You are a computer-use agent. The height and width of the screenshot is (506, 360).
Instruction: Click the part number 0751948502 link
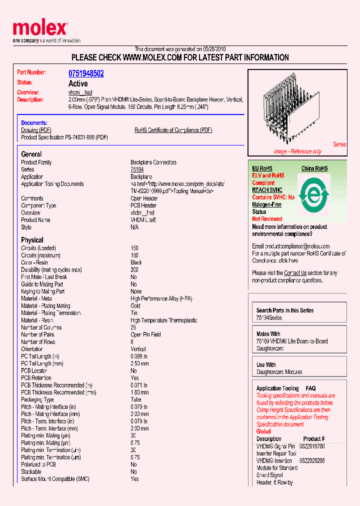click(86, 73)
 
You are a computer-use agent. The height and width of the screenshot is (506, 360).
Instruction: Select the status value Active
click(78, 83)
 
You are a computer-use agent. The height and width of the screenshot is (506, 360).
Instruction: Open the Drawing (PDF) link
click(36, 130)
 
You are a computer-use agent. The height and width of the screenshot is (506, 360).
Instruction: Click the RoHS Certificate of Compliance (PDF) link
click(173, 130)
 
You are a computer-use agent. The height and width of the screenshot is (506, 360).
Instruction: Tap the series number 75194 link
click(137, 169)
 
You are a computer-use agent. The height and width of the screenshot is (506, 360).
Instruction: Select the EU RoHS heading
click(262, 168)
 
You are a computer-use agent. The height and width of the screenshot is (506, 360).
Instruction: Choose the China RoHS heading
click(314, 168)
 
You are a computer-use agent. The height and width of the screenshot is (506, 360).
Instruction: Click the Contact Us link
click(295, 273)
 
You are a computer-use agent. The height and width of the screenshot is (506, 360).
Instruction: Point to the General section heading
click(31, 154)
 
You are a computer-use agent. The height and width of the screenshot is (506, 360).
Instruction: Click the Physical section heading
click(32, 240)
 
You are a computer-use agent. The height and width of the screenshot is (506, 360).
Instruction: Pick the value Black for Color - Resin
click(136, 262)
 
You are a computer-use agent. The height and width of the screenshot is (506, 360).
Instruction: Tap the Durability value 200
click(134, 269)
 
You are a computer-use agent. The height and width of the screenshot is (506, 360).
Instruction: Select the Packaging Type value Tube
click(136, 399)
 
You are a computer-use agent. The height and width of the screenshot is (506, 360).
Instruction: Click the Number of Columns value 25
click(133, 327)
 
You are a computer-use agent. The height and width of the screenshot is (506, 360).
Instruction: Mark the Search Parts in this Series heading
click(285, 310)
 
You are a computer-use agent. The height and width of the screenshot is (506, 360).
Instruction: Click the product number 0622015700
click(312, 446)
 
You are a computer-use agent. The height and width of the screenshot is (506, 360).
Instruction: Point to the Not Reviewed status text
click(267, 219)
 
